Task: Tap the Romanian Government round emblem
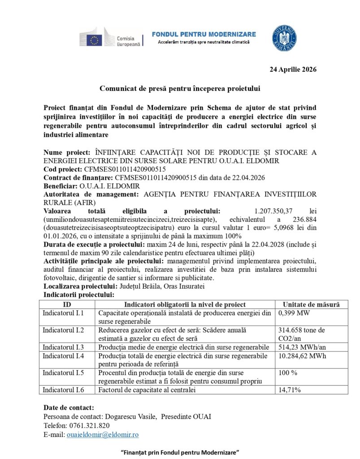284,38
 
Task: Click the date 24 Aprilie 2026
293,69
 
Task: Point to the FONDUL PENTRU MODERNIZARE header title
204,35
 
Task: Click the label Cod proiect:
63,169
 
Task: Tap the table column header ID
68,304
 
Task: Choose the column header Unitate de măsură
312,304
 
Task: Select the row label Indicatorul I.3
63,347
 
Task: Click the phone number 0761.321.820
89,425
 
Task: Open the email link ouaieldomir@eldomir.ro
103,434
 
